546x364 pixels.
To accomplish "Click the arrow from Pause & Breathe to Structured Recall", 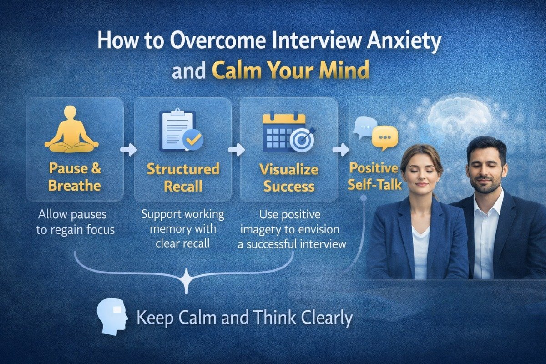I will [x=129, y=149].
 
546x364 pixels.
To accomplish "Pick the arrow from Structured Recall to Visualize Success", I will [x=236, y=149].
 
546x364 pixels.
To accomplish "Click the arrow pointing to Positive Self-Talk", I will [x=341, y=149].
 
